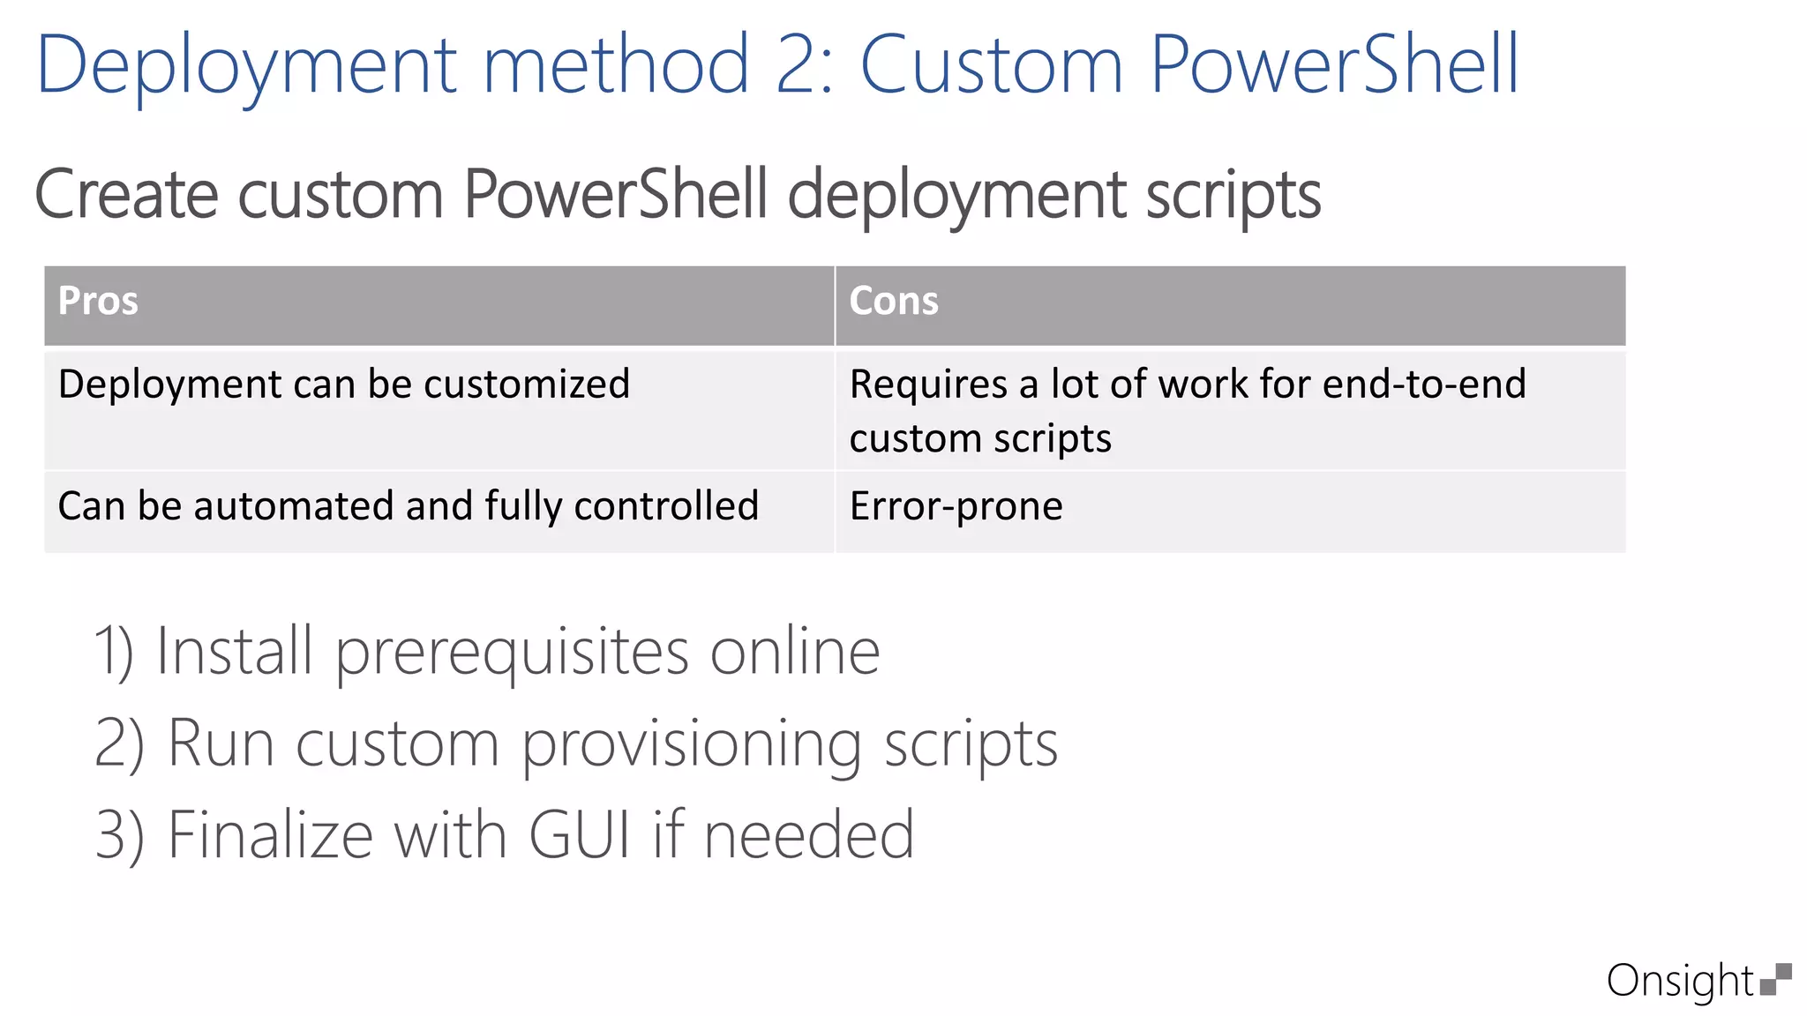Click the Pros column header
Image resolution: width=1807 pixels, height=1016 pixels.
[98, 302]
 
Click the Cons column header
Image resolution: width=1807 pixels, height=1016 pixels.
[893, 302]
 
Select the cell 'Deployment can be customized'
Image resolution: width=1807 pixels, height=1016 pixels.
[343, 385]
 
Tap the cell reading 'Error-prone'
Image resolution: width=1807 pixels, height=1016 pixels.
[956, 506]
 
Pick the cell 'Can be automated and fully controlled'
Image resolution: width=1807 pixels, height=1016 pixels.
[408, 506]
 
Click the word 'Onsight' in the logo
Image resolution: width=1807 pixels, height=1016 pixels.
[1679, 981]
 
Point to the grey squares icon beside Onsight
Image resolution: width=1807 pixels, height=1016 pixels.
[1775, 979]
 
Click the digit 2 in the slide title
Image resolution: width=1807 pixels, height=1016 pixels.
[799, 65]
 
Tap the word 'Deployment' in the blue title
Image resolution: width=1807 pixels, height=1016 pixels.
[246, 65]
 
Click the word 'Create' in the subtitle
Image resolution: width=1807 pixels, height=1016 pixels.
[126, 194]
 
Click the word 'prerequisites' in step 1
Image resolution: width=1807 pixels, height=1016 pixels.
[512, 654]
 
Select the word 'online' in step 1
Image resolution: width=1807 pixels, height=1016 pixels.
[795, 652]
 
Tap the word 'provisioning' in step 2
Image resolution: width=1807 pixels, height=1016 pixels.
[691, 745]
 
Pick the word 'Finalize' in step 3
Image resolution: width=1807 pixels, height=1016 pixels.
[270, 834]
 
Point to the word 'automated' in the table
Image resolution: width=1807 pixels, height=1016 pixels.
[294, 506]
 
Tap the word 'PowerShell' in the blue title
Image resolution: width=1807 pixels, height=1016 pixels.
[1334, 65]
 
